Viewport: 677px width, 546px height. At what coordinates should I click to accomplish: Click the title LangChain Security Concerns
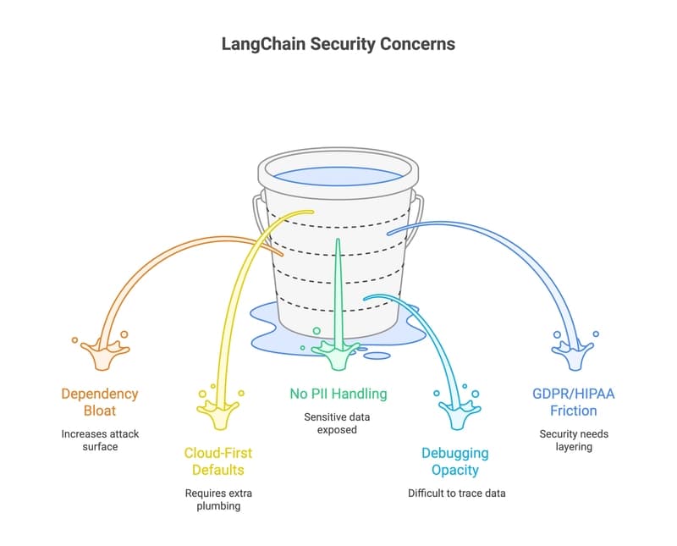pyautogui.click(x=338, y=44)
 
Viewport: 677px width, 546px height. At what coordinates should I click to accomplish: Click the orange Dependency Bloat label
pyautogui.click(x=99, y=402)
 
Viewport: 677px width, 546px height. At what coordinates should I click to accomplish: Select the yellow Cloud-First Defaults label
pyautogui.click(x=219, y=462)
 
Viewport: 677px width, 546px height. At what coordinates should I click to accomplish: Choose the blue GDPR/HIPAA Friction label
pyautogui.click(x=574, y=402)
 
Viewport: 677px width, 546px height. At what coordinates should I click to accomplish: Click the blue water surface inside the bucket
pyautogui.click(x=338, y=176)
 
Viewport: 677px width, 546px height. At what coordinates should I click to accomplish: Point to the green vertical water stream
pyautogui.click(x=338, y=288)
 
